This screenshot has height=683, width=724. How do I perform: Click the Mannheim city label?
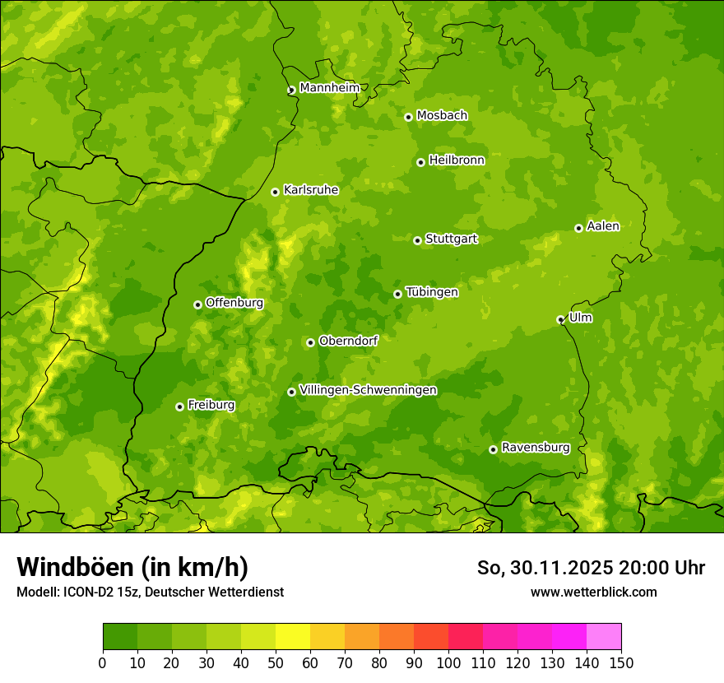tap(329, 88)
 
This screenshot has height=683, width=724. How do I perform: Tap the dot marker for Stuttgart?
tap(417, 240)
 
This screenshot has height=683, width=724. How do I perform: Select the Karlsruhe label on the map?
tap(310, 190)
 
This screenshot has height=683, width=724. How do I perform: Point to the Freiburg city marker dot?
tap(179, 407)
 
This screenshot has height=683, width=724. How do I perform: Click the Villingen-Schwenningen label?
tap(368, 390)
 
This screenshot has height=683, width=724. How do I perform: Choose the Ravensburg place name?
tap(535, 448)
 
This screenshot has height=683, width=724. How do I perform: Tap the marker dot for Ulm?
tap(560, 319)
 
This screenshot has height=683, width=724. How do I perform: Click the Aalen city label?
tap(602, 226)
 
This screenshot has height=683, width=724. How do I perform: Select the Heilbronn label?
tap(456, 160)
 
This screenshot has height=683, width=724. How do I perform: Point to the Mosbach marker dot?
tap(408, 117)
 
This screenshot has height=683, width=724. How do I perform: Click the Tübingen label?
tap(431, 292)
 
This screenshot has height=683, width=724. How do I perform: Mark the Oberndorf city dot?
tap(310, 342)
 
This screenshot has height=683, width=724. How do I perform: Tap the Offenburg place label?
tap(234, 303)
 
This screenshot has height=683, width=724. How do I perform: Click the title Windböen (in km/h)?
tap(132, 567)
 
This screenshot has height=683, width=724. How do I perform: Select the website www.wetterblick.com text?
tap(593, 592)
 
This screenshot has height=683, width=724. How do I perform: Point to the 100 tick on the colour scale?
tap(448, 662)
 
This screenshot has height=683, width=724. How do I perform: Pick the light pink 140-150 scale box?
tap(604, 637)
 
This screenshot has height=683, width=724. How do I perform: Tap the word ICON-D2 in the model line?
tap(86, 592)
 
